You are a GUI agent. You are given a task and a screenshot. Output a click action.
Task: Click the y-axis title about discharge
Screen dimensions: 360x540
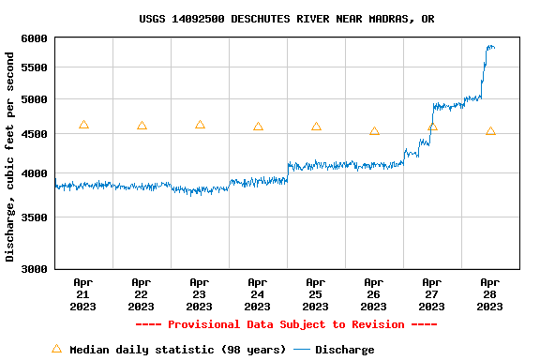pos(10,157)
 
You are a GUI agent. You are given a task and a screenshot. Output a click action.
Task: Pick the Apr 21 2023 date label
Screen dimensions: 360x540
pos(82,293)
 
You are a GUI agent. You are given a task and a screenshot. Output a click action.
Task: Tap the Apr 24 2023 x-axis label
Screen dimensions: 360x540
pos(257,293)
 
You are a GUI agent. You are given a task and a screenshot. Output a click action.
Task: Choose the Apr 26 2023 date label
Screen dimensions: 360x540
pos(373,293)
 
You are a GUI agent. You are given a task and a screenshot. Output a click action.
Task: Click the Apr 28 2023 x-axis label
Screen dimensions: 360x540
pos(489,293)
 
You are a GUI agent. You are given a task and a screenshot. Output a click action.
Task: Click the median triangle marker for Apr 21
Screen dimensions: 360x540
pos(83,125)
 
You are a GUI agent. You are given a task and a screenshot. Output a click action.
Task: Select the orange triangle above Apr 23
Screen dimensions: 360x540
pos(200,125)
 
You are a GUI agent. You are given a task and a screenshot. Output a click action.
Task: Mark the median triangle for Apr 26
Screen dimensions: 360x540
pos(374,131)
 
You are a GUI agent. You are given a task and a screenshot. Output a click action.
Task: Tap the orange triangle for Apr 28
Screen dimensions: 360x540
pos(490,131)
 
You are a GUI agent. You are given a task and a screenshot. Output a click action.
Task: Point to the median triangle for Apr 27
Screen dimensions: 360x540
pos(432,127)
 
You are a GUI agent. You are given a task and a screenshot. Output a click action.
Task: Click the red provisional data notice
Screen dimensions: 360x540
pos(286,324)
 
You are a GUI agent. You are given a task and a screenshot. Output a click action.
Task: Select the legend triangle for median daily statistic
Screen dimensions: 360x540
pos(56,349)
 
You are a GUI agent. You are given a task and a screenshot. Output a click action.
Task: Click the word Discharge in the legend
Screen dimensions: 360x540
pos(344,350)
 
